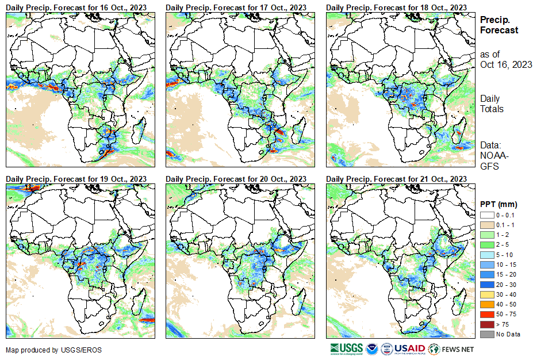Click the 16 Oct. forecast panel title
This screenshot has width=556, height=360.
(x=75, y=7)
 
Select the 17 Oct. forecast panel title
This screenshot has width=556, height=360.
(x=236, y=7)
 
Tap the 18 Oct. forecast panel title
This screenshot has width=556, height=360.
(x=396, y=7)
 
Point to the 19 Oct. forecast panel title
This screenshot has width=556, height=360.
(x=75, y=179)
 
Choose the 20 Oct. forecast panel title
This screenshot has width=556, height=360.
(x=236, y=179)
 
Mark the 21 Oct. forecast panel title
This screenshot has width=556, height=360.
(x=396, y=179)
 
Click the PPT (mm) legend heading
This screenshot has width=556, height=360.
(x=499, y=204)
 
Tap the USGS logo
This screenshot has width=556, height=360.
(x=347, y=348)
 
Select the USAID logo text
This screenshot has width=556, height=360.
(x=411, y=348)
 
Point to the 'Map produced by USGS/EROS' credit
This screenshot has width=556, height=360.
(x=46, y=350)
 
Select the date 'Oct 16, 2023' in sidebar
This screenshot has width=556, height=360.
(x=506, y=64)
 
